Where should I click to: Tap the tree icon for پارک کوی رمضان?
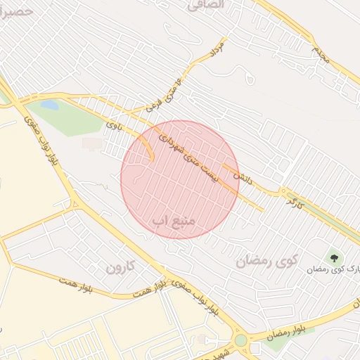(333, 257)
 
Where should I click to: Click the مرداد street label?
(216, 49)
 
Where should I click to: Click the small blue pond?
(49, 105)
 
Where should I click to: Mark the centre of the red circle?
(180, 179)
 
